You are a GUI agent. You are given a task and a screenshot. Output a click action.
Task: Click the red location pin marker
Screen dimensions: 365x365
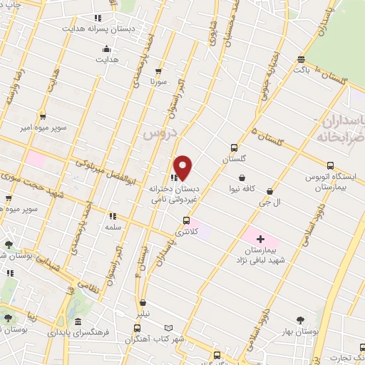183,167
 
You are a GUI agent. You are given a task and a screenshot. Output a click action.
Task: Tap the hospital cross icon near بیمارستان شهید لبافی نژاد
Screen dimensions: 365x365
259,238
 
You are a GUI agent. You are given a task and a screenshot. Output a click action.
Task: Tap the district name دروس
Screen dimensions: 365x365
158,133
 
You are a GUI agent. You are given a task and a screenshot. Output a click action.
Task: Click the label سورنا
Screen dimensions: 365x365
158,82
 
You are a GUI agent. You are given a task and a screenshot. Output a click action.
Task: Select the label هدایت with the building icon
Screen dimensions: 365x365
107,59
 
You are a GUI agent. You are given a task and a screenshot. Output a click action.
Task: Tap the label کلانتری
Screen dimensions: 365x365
186,232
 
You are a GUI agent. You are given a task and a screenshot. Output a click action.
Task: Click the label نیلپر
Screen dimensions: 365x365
143,313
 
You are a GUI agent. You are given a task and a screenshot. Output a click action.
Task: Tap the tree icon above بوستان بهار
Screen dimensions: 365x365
299,321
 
